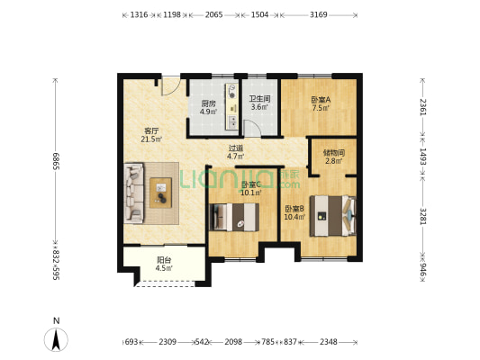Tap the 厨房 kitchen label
[x=207, y=103]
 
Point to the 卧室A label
[x=321, y=100]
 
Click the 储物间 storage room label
[x=333, y=152]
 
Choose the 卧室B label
[x=294, y=209]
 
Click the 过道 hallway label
[x=236, y=148]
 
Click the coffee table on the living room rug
[x=162, y=191]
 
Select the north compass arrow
[x=56, y=339]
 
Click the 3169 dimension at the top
[x=318, y=15]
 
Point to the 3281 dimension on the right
[x=422, y=220]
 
